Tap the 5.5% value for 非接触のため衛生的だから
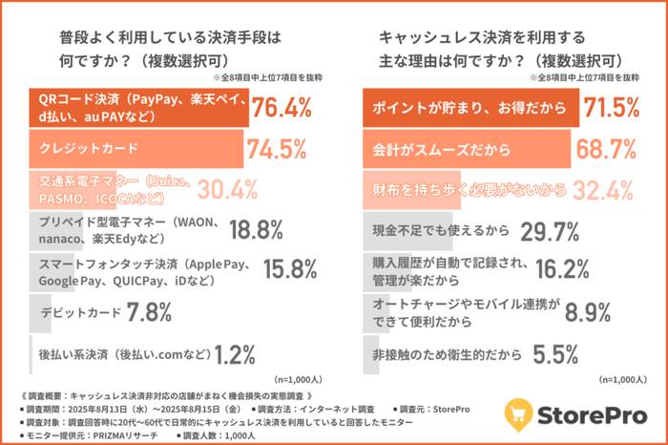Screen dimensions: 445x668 coord(556,353)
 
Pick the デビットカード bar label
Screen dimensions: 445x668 coord(81,312)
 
